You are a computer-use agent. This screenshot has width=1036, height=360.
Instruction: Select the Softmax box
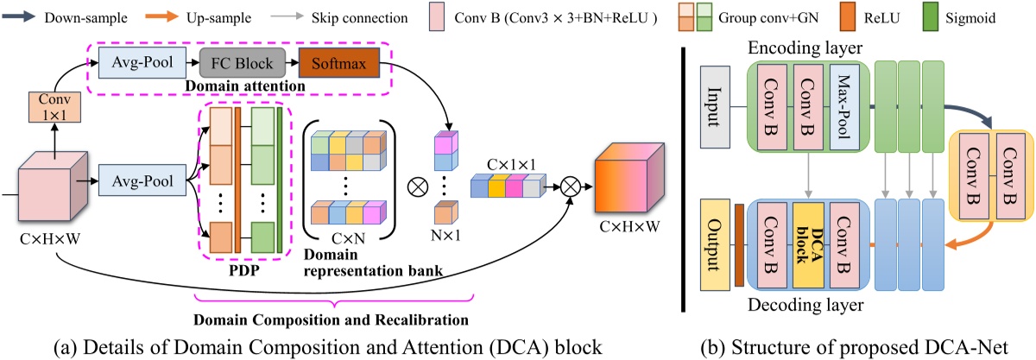(332, 62)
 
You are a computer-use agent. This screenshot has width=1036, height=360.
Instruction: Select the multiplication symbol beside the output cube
(571, 184)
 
